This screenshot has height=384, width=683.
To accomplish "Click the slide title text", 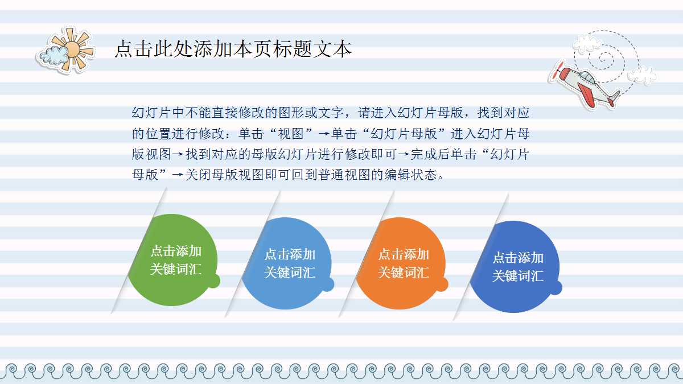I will click(x=233, y=49).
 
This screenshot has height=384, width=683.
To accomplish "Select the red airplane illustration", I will click(x=586, y=86).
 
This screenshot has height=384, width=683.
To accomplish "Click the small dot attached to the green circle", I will click(x=213, y=281).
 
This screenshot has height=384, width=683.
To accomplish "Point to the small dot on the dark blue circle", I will click(x=556, y=288).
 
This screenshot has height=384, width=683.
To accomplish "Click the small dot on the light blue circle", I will click(x=328, y=284).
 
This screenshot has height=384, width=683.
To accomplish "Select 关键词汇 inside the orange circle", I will click(x=404, y=272).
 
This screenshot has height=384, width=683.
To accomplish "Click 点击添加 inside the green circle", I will click(x=176, y=251).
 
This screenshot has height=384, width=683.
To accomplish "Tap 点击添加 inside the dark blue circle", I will click(x=517, y=258).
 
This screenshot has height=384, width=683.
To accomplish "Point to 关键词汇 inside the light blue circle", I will click(x=290, y=272).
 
